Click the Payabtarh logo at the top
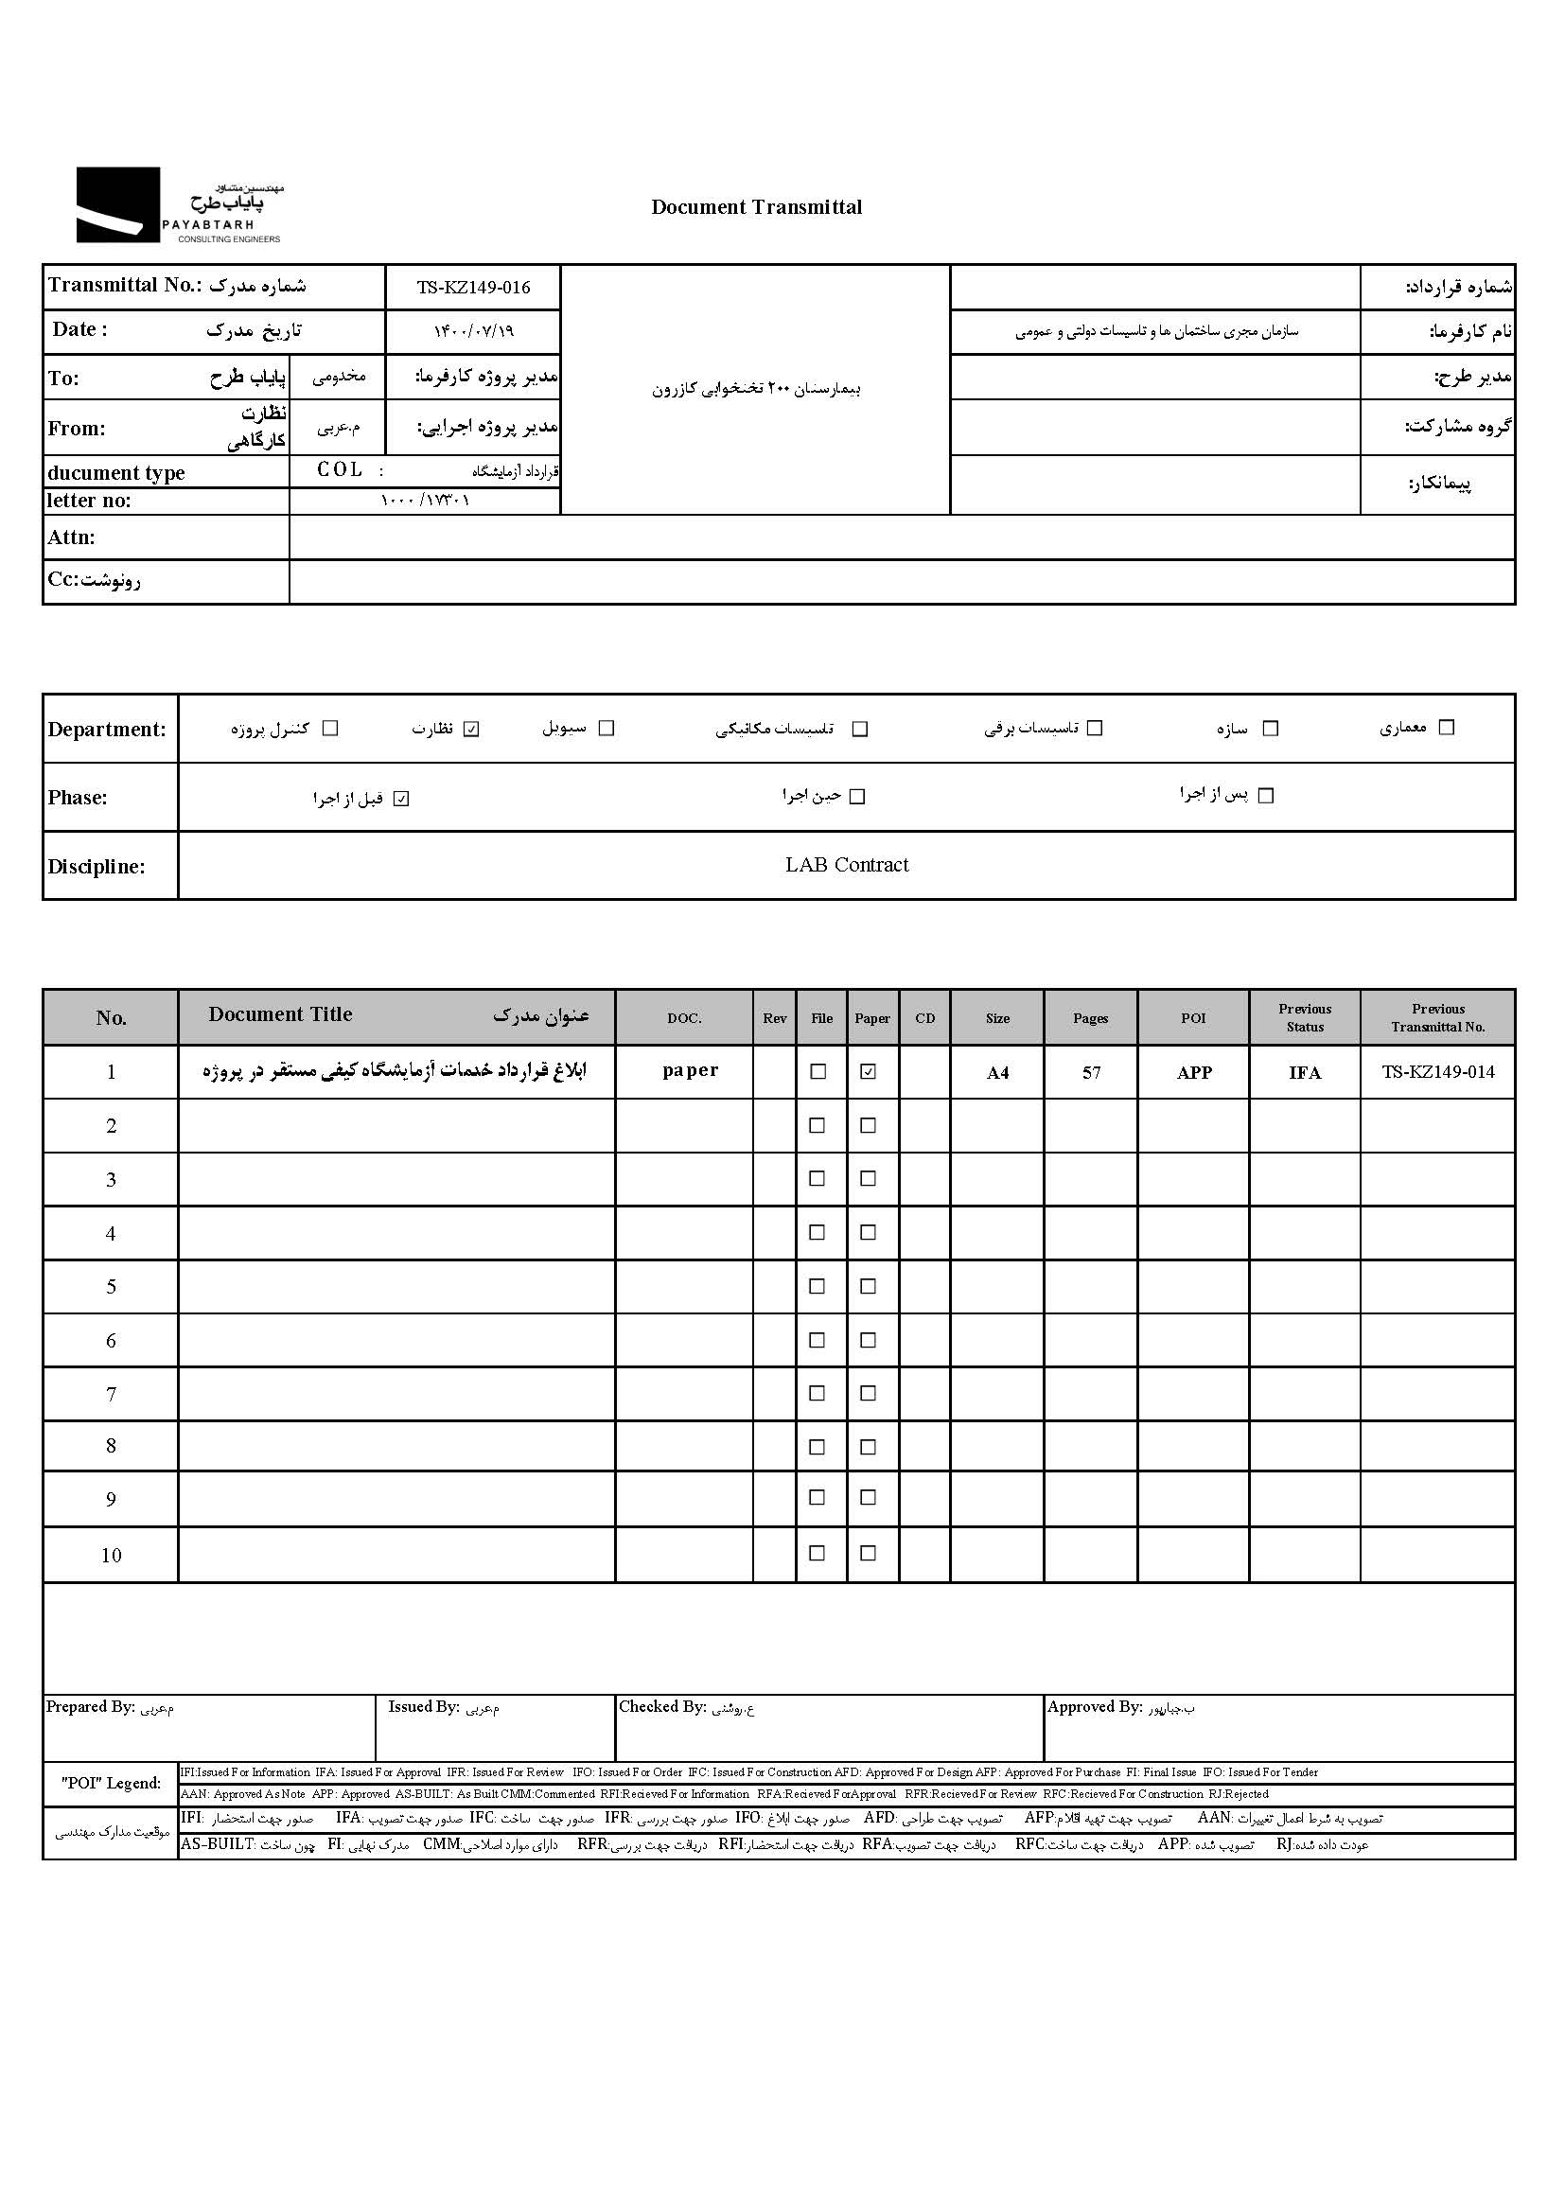[x=179, y=205]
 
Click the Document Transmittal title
[x=757, y=207]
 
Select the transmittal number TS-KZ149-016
[x=473, y=287]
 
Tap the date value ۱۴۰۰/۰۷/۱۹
[x=473, y=331]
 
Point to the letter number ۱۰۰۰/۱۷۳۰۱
[x=425, y=502]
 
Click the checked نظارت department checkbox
[x=471, y=729]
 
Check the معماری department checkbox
[x=1446, y=728]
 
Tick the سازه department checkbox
[x=1270, y=729]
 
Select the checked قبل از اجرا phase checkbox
[x=402, y=798]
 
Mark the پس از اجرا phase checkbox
[x=1266, y=796]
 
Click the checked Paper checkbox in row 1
[x=869, y=1071]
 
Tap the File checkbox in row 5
[x=818, y=1287]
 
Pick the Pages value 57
[x=1091, y=1072]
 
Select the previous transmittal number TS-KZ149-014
[x=1438, y=1071]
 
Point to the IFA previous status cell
[x=1305, y=1072]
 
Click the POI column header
[x=1193, y=1018]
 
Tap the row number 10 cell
[x=111, y=1556]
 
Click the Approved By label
[x=1094, y=1707]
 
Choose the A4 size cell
[x=997, y=1072]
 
